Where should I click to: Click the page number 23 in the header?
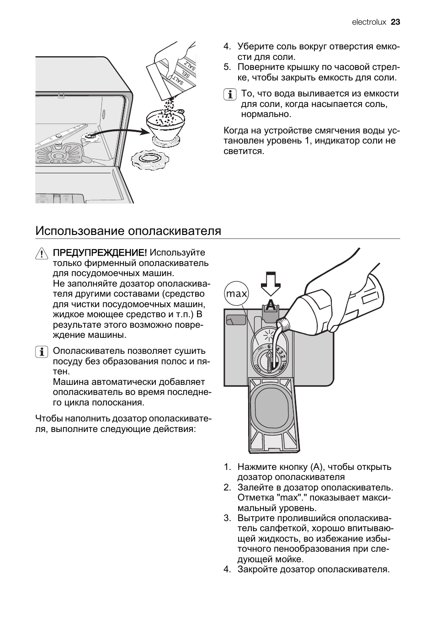[395, 22]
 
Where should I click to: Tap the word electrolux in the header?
[369, 22]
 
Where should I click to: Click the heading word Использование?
[80, 231]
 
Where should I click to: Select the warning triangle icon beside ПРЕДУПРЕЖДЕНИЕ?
[41, 253]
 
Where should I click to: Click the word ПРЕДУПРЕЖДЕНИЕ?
[100, 253]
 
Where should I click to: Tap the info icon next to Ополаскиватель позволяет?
[41, 352]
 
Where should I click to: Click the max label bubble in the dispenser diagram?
[236, 294]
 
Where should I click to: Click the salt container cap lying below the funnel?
[150, 160]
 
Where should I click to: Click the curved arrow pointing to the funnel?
[123, 131]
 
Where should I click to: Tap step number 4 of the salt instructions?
[226, 47]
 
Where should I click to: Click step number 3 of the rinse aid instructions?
[227, 518]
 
